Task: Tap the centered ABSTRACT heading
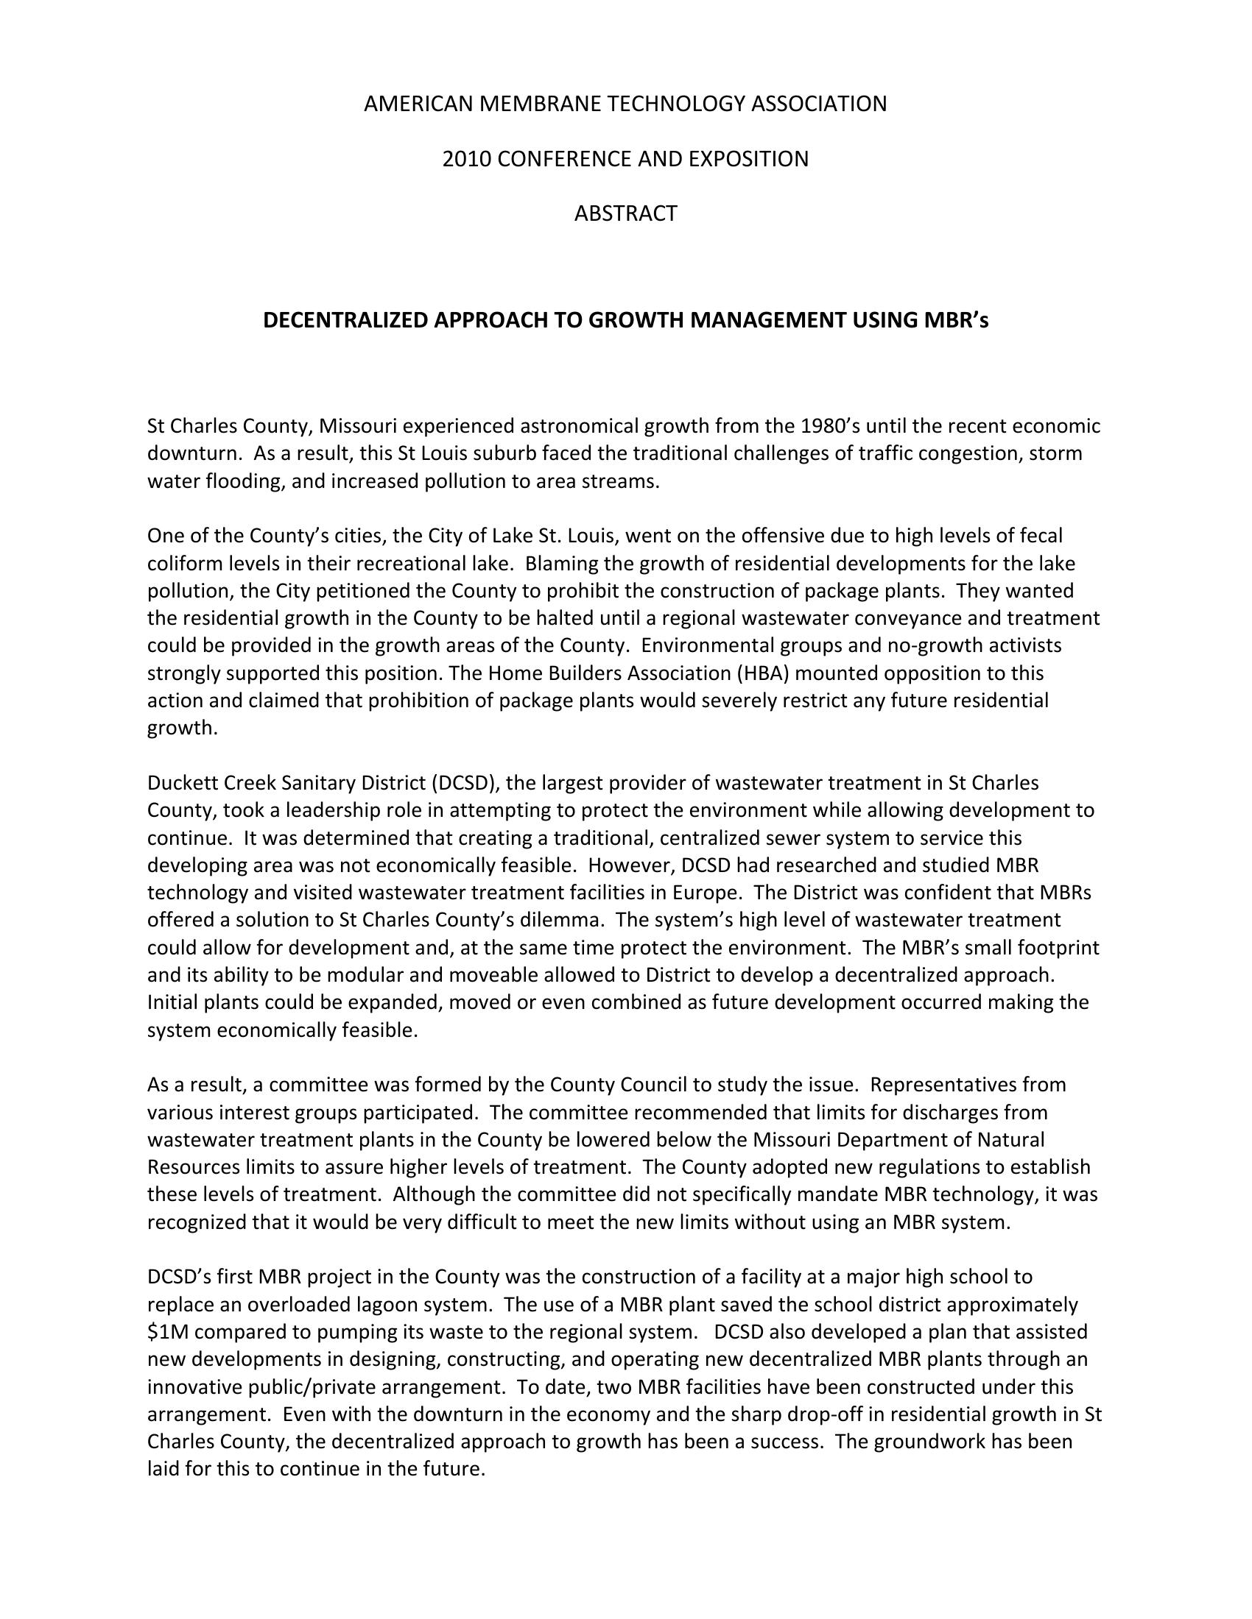625,213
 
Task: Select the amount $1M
169,1331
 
